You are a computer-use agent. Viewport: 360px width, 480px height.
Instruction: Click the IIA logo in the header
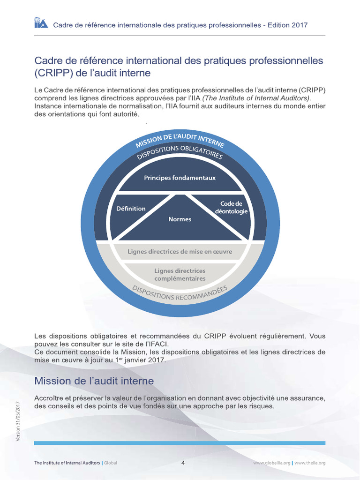(40, 23)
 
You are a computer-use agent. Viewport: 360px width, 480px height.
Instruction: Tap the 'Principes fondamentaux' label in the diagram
(180, 178)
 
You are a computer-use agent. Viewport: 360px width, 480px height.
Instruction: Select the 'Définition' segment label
(131, 209)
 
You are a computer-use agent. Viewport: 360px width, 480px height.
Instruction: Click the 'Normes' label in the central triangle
(180, 219)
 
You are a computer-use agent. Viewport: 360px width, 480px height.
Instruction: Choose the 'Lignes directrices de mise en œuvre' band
(180, 252)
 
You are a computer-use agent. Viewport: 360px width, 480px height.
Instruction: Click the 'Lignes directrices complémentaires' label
(180, 275)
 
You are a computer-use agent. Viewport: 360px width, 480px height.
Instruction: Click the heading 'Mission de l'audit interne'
(94, 381)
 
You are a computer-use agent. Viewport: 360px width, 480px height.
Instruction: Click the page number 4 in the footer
(183, 463)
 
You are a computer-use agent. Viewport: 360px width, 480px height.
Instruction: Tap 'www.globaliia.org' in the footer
(271, 463)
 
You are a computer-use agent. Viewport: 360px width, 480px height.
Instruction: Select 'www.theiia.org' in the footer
(310, 463)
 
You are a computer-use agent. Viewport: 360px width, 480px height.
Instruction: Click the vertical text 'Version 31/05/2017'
(18, 420)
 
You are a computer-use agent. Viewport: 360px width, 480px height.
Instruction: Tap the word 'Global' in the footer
(111, 463)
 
